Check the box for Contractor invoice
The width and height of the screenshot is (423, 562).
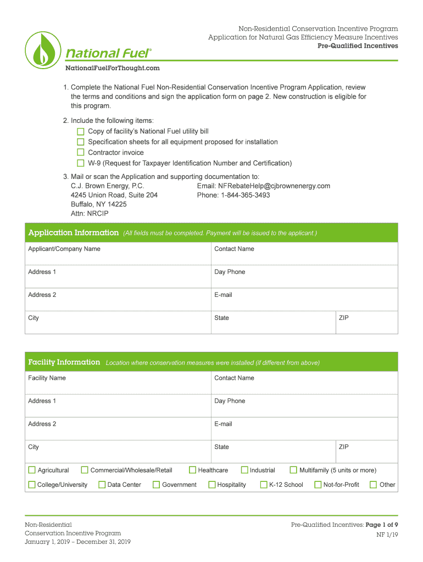click(81, 153)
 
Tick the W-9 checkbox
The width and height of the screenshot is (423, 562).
click(81, 163)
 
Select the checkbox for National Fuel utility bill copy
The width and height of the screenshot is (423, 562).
click(81, 132)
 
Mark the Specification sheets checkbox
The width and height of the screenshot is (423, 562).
click(81, 142)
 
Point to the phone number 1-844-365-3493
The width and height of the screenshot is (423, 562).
click(246, 195)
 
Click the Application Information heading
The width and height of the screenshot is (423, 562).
click(73, 233)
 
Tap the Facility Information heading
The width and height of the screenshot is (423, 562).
click(64, 362)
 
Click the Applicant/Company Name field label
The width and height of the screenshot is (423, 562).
click(64, 249)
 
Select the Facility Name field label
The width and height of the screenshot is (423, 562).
click(47, 378)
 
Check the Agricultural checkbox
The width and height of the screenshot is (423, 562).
click(32, 470)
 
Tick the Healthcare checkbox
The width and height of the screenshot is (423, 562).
click(192, 470)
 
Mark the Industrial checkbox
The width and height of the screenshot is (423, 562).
click(244, 470)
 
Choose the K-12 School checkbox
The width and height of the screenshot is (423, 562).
click(264, 485)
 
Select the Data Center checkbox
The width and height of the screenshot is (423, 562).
click(102, 485)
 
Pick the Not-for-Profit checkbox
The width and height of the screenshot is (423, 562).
click(318, 485)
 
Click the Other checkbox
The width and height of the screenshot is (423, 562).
click(374, 485)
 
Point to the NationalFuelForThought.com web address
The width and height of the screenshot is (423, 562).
click(113, 68)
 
